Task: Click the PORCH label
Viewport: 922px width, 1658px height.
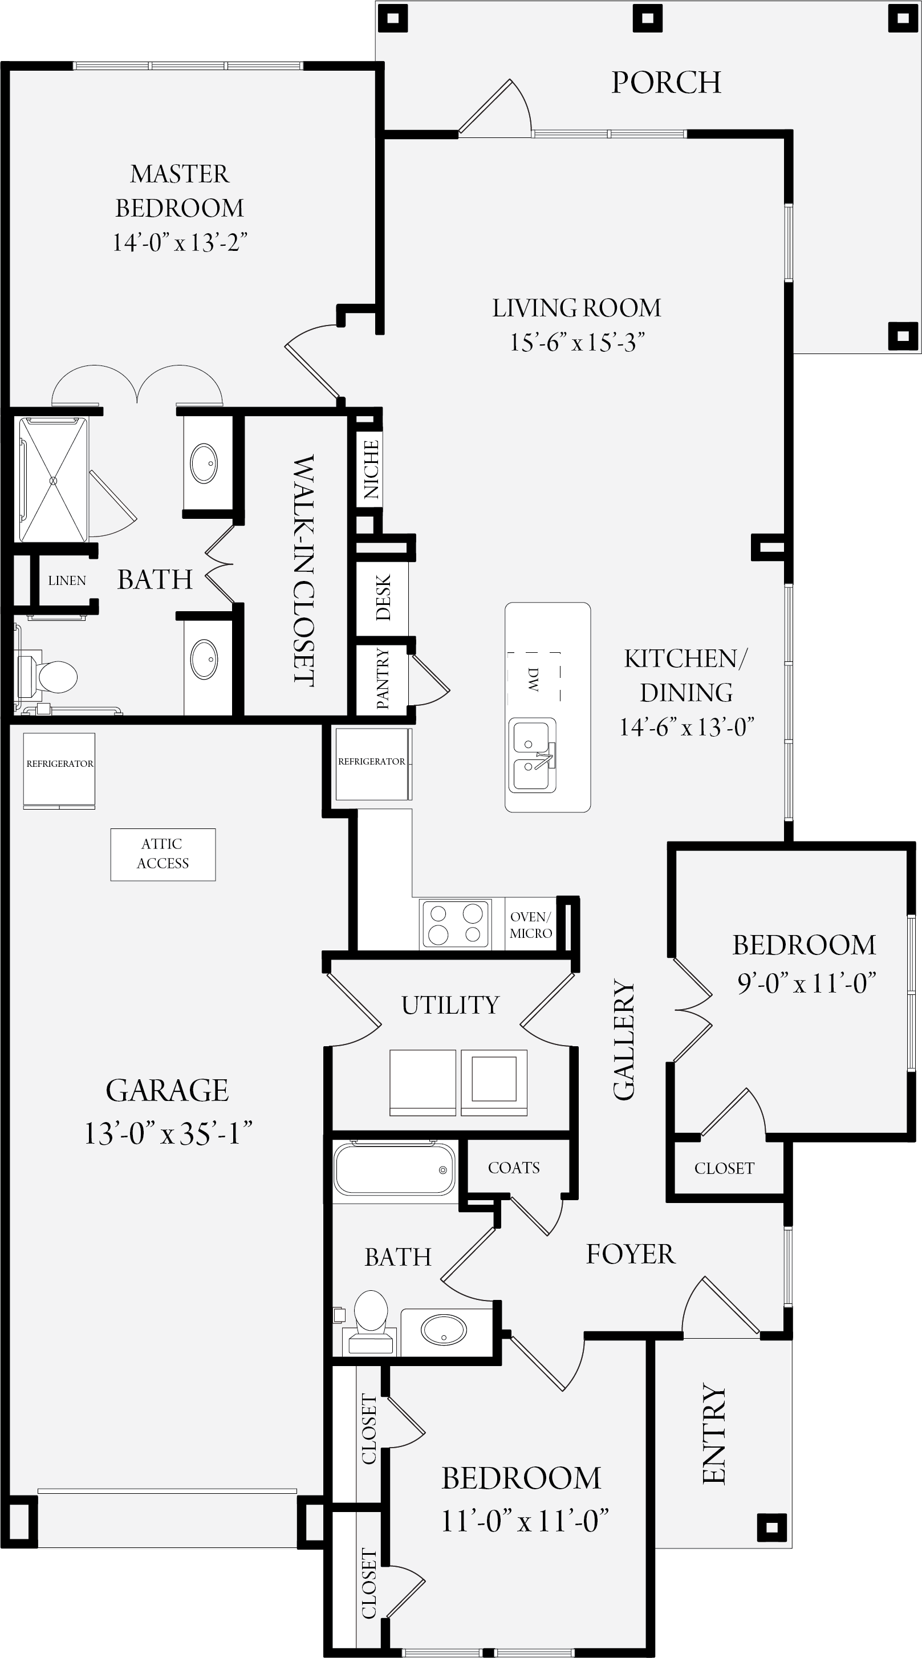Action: (x=666, y=82)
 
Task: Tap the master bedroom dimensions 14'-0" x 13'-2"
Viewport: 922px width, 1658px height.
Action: (x=180, y=243)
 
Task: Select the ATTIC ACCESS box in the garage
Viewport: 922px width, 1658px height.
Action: (x=163, y=854)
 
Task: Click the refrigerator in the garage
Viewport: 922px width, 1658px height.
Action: (x=59, y=770)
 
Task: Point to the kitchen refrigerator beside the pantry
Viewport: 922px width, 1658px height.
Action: (x=372, y=763)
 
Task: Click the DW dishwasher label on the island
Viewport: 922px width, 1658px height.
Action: (x=533, y=679)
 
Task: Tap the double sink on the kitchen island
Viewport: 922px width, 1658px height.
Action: (x=533, y=755)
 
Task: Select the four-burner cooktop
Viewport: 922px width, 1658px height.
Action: (x=456, y=924)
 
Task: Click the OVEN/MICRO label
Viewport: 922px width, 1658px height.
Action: (x=530, y=925)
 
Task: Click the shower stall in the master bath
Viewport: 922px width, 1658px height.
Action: (x=53, y=479)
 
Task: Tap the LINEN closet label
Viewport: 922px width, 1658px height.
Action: (x=67, y=580)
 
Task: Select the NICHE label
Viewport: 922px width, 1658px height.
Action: (x=371, y=469)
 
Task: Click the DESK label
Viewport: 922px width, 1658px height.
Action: (x=383, y=598)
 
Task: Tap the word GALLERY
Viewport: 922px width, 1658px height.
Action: (x=623, y=1040)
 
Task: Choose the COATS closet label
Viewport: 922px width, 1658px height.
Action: (x=514, y=1168)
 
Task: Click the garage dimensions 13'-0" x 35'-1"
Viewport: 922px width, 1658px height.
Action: (x=168, y=1133)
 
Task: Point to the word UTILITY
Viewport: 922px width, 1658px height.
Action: (x=450, y=1005)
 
